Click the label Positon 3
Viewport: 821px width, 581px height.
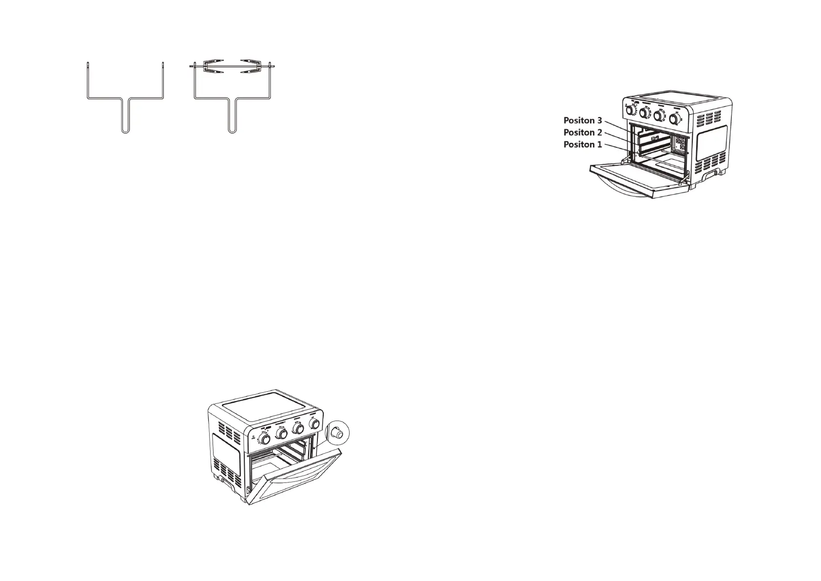click(583, 120)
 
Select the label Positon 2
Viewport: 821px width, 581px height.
click(583, 132)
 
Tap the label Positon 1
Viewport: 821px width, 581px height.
click(583, 144)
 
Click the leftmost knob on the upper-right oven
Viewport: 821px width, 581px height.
click(630, 110)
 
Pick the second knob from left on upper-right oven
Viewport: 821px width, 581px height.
click(644, 113)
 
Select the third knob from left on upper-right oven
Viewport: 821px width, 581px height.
click(659, 116)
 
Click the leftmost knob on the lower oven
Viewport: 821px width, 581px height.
click(266, 440)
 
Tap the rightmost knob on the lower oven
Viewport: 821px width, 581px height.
click(315, 423)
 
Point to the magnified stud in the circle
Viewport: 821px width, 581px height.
click(337, 432)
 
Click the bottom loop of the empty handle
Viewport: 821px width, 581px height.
click(125, 130)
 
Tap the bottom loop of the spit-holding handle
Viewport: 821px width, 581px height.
click(233, 130)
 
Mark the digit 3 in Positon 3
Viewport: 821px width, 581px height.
click(599, 120)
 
